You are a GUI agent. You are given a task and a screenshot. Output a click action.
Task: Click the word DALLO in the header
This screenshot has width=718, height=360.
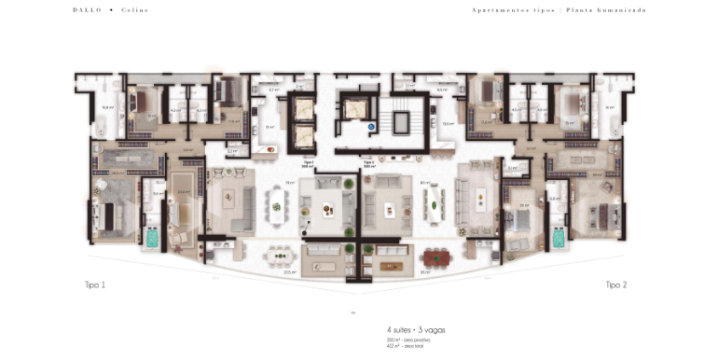pyautogui.click(x=86, y=10)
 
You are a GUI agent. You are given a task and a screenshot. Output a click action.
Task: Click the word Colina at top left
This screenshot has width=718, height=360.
pyautogui.click(x=134, y=10)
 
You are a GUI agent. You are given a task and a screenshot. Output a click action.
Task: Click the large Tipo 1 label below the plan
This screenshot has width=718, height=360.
pyautogui.click(x=95, y=284)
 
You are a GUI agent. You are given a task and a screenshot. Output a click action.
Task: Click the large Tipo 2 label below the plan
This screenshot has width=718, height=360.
pyautogui.click(x=615, y=284)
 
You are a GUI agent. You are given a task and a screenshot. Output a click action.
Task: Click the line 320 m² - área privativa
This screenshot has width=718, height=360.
pyautogui.click(x=411, y=340)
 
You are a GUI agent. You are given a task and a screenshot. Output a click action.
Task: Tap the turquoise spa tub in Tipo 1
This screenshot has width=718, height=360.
pyautogui.click(x=151, y=238)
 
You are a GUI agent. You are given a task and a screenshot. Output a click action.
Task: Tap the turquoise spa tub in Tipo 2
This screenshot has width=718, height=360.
pyautogui.click(x=559, y=238)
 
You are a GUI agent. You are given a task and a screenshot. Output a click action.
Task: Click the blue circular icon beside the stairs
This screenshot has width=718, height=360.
pyautogui.click(x=370, y=124)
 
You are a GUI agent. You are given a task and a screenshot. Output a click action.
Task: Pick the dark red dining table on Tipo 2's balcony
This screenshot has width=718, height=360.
pyautogui.click(x=435, y=256)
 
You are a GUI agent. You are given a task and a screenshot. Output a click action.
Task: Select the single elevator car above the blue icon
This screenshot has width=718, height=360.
pyautogui.click(x=355, y=106)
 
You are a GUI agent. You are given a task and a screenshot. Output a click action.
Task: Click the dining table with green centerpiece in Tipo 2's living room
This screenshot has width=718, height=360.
pyautogui.click(x=432, y=199)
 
